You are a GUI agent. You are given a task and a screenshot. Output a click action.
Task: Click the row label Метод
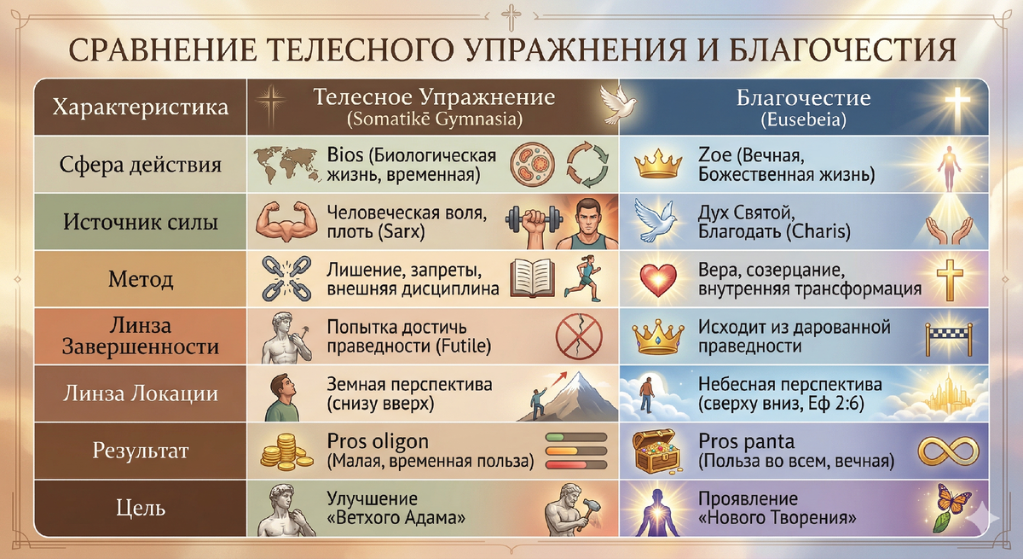click(140, 279)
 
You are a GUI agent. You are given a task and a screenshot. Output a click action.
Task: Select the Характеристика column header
click(140, 108)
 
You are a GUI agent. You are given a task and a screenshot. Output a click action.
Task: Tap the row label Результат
click(140, 451)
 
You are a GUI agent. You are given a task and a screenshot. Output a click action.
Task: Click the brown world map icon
click(286, 164)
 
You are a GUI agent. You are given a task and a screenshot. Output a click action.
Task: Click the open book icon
click(533, 279)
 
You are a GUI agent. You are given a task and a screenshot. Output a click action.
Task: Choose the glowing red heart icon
click(657, 279)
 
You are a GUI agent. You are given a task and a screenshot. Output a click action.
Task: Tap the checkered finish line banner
click(946, 336)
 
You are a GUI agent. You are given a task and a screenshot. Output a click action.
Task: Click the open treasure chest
click(657, 451)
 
